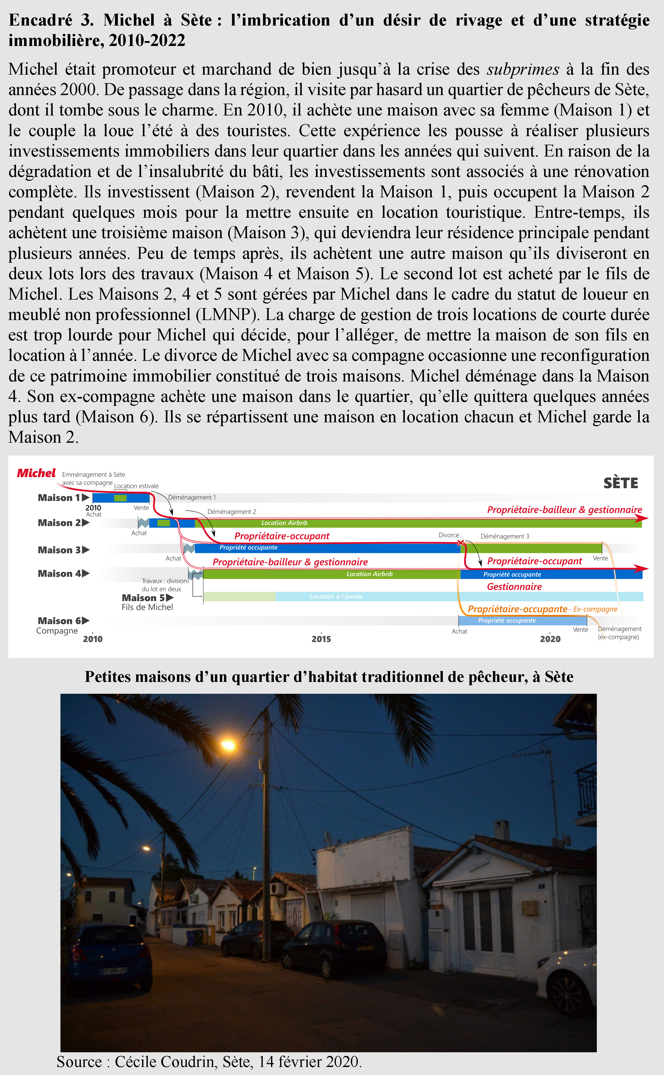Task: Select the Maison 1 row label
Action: click(59, 497)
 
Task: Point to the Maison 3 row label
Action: click(59, 550)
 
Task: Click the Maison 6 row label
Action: click(59, 620)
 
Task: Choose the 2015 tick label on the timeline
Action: click(321, 639)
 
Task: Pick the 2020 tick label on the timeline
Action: click(550, 639)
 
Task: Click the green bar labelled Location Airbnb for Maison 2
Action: click(284, 523)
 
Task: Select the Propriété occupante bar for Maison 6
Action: click(507, 620)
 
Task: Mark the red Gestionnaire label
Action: click(514, 586)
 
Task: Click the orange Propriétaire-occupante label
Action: click(517, 609)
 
